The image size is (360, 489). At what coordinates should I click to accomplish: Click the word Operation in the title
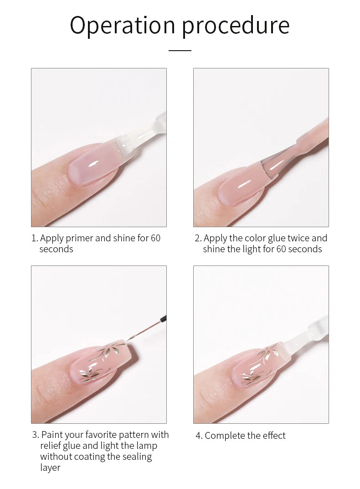click(x=123, y=26)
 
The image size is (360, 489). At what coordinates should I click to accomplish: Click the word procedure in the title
click(x=236, y=26)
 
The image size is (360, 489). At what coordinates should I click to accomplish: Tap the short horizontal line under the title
click(x=180, y=50)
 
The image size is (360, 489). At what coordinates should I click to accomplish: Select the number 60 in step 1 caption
click(x=155, y=238)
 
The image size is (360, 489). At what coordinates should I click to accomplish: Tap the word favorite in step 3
click(x=101, y=434)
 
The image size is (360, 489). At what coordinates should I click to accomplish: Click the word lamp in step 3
click(x=147, y=446)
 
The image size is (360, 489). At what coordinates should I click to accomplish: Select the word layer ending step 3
click(x=50, y=468)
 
